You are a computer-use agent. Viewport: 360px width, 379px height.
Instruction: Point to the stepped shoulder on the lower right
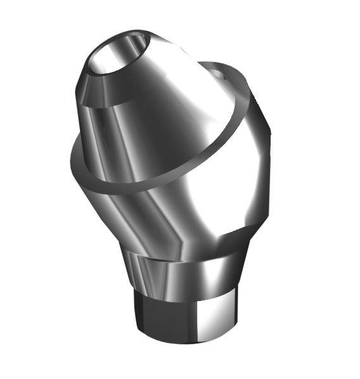(x=247, y=231)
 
